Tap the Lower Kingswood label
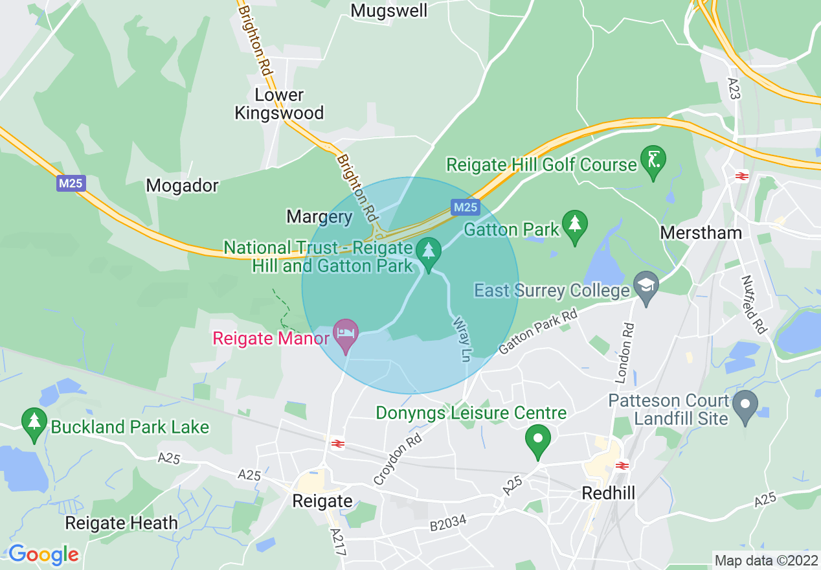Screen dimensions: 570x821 point(279,104)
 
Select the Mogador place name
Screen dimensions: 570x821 point(182,186)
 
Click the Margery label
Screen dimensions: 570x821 point(319,217)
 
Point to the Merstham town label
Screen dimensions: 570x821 point(701,233)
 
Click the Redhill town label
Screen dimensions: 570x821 point(608,493)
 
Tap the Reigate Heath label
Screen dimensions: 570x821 point(121,523)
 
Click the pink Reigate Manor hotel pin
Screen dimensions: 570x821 point(346,333)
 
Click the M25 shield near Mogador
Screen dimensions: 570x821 point(70,183)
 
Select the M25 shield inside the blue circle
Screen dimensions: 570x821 point(465,207)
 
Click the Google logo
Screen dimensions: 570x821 point(43,554)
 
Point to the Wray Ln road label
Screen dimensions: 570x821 point(462,339)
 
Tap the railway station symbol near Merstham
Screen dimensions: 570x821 point(741,176)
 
